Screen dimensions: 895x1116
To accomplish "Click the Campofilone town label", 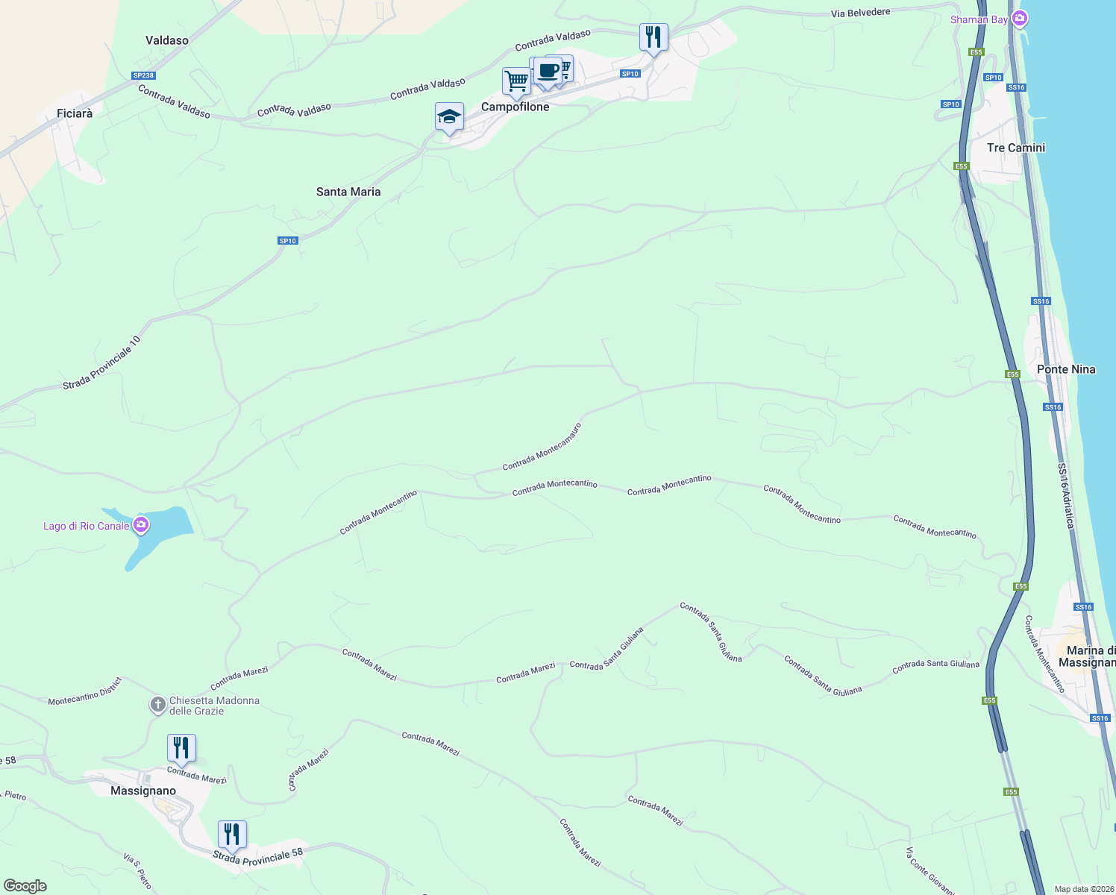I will click(x=515, y=107).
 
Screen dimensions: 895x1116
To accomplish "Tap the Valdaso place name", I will click(x=167, y=40).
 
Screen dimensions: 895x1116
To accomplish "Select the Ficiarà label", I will click(x=75, y=114).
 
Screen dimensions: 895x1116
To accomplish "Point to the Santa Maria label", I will click(x=348, y=192).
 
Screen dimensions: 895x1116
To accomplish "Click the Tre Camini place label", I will click(x=1015, y=148).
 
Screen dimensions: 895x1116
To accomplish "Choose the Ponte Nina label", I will click(x=1066, y=369).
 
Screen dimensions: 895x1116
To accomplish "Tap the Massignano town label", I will click(x=143, y=791).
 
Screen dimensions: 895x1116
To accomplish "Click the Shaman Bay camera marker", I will click(x=1020, y=19).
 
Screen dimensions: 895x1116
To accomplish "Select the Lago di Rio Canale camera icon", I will click(x=140, y=526).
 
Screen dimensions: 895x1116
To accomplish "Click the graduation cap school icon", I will click(x=449, y=116).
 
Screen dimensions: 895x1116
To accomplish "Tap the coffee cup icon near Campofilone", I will click(x=548, y=71).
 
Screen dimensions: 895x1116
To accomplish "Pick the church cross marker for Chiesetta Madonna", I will click(x=157, y=705).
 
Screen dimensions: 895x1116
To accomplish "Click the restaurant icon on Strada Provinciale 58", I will click(x=232, y=834).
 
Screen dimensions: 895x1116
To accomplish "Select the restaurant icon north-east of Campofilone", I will click(x=653, y=37).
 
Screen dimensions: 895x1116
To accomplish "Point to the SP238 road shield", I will click(x=143, y=75).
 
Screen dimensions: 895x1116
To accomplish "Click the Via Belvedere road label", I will click(x=860, y=13).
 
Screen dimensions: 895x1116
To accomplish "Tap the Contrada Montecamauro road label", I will click(x=542, y=447).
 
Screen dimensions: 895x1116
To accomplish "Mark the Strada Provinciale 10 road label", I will click(x=101, y=363).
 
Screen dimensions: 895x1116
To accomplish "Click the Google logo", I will click(x=25, y=886).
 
